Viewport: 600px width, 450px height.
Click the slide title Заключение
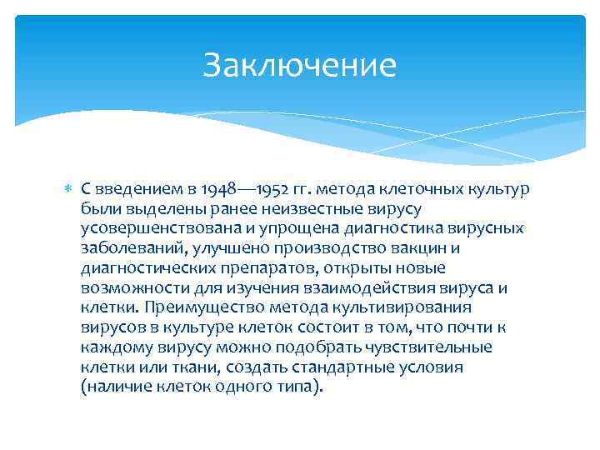tap(299, 65)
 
